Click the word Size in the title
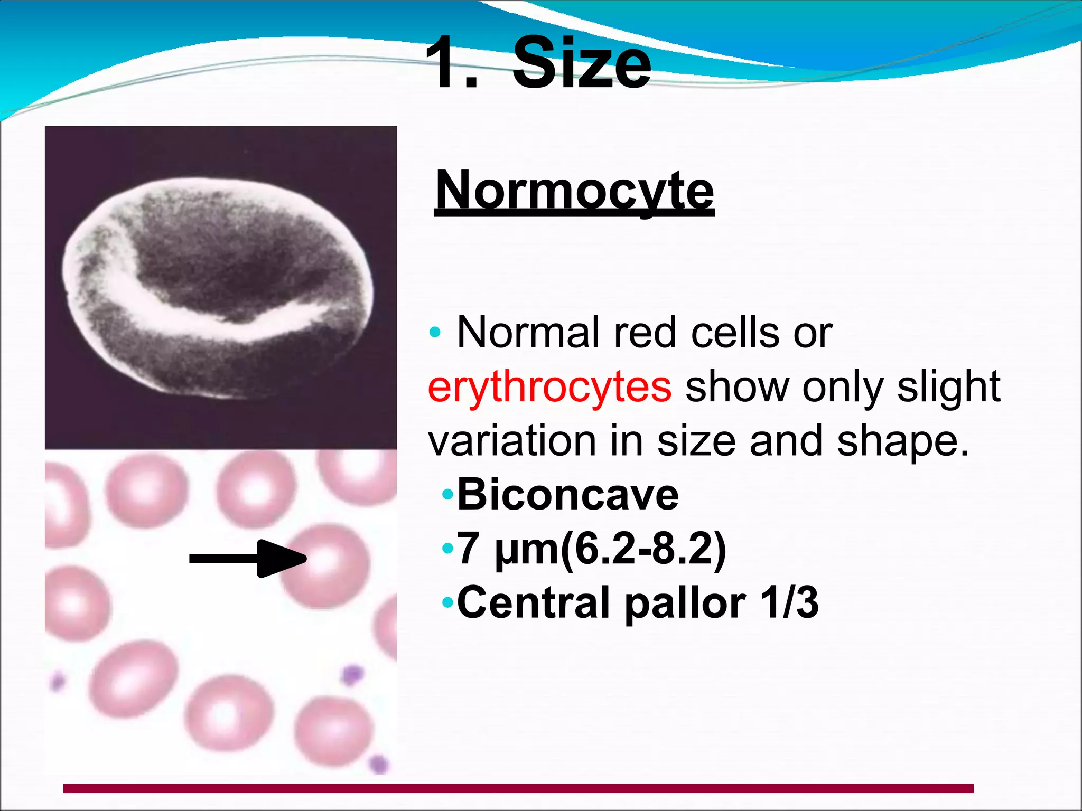coord(581,63)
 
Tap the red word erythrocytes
coord(549,387)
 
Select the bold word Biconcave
coord(568,495)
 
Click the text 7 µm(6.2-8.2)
coord(592,549)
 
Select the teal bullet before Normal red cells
coord(435,333)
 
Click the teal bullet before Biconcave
coord(448,495)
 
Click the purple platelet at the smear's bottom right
coord(378,763)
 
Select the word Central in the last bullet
coord(534,602)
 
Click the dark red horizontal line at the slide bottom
coord(518,788)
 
